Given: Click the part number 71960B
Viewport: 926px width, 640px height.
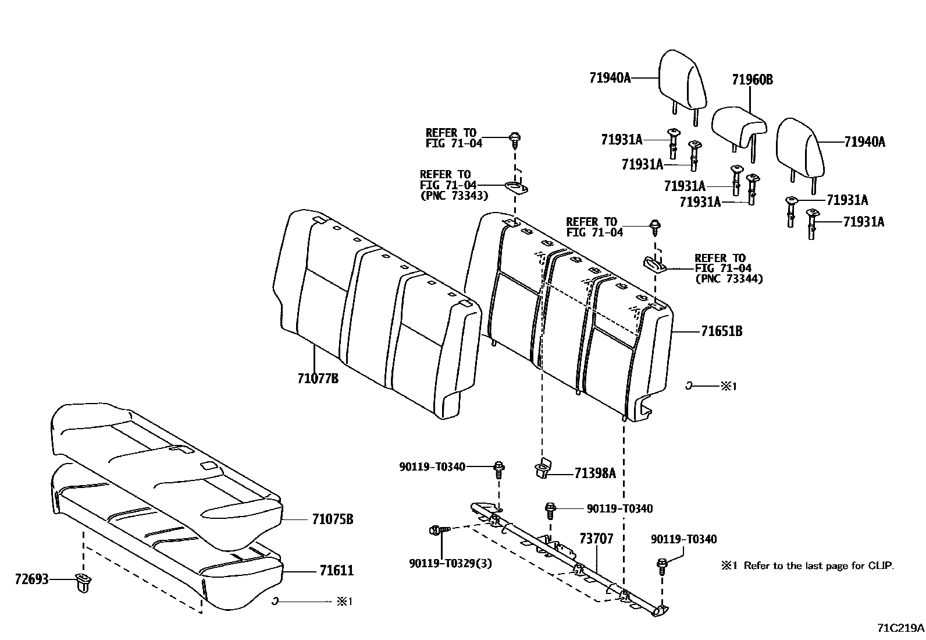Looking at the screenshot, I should pyautogui.click(x=752, y=80).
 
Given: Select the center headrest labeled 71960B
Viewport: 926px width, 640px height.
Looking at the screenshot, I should pyautogui.click(x=738, y=124).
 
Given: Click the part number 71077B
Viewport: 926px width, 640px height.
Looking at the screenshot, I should pyautogui.click(x=318, y=379).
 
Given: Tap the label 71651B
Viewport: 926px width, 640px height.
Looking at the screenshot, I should pyautogui.click(x=721, y=331).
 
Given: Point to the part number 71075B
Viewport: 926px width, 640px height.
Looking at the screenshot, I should pyautogui.click(x=333, y=519).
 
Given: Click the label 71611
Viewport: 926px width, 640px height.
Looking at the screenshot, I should pyautogui.click(x=336, y=571).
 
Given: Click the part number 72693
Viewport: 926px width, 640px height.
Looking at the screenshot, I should pyautogui.click(x=32, y=579).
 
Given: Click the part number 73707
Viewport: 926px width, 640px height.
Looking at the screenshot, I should pyautogui.click(x=596, y=539).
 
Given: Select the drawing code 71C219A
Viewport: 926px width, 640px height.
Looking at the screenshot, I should pyautogui.click(x=900, y=628).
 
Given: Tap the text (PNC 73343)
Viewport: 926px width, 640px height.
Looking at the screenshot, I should pyautogui.click(x=454, y=196).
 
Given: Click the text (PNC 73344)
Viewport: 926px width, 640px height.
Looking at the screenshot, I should pyautogui.click(x=729, y=279).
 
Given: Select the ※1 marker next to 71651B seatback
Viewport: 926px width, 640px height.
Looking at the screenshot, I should pyautogui.click(x=728, y=386).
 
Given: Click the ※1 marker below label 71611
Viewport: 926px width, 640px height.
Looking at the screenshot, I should pyautogui.click(x=345, y=602).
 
